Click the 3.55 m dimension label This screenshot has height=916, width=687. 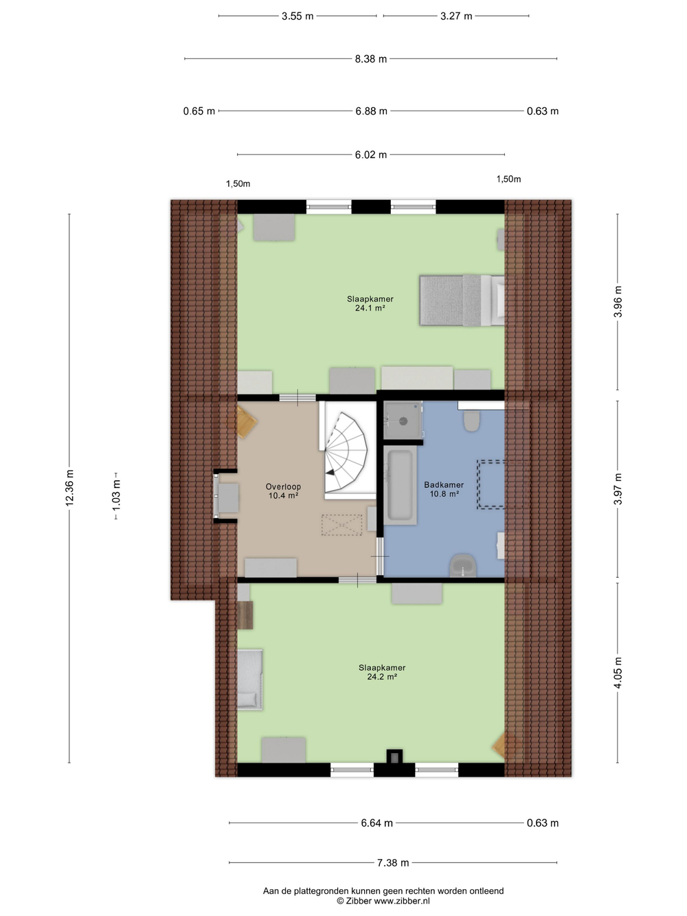tap(297, 16)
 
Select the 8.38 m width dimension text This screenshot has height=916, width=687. tap(371, 59)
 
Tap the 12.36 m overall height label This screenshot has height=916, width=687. tap(69, 488)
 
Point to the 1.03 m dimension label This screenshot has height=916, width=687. tap(116, 495)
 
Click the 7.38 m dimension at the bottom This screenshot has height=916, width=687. tap(393, 862)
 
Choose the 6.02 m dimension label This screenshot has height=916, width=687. tap(371, 155)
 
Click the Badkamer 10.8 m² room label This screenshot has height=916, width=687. tap(444, 489)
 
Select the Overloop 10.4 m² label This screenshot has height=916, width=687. tap(283, 491)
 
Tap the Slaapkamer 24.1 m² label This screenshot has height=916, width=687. tap(370, 303)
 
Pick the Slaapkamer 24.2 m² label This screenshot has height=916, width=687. tap(382, 672)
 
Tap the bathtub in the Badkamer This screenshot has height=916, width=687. tap(400, 485)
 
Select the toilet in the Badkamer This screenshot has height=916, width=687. tap(472, 421)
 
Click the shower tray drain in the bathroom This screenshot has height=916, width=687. tap(403, 421)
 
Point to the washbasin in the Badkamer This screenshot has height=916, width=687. tap(463, 566)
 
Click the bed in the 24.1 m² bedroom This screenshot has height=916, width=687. tap(462, 300)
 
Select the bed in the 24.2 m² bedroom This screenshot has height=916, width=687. tap(250, 679)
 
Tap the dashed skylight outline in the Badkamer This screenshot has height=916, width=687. tap(491, 484)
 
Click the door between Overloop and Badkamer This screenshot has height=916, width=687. tap(380, 557)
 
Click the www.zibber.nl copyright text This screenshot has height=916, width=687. tap(383, 901)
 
